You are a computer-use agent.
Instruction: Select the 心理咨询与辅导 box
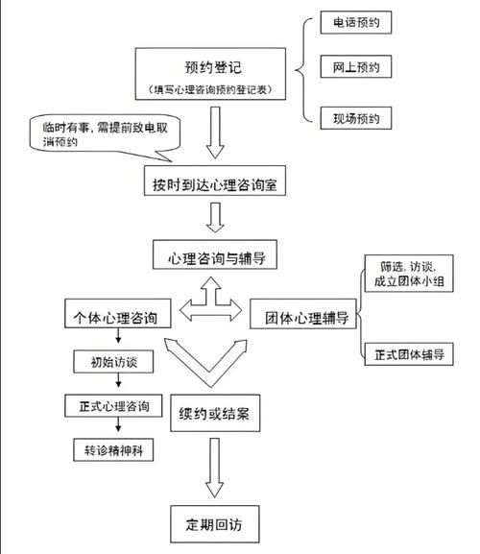[x=214, y=257]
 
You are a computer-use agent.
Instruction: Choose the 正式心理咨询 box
[x=108, y=406]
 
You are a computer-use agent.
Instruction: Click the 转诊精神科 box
[x=108, y=450]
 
